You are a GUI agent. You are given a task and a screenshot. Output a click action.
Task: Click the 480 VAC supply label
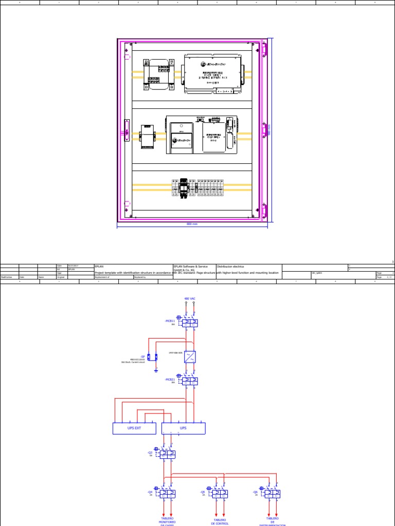click(x=190, y=298)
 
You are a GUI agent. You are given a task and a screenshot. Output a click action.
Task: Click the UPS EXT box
click(x=134, y=428)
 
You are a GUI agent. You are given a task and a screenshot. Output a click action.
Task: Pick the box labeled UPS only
click(x=184, y=428)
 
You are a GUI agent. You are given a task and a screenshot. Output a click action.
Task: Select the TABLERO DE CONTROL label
click(x=221, y=521)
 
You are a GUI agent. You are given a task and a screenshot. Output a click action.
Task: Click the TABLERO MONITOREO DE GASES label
click(x=168, y=521)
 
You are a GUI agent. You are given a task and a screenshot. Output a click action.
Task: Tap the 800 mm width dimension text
click(x=192, y=224)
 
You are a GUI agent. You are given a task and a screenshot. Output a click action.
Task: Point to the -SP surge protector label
click(x=142, y=355)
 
